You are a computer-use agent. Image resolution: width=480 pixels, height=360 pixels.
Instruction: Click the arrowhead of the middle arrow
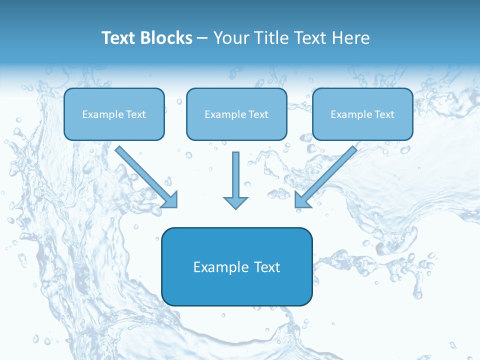coord(235,202)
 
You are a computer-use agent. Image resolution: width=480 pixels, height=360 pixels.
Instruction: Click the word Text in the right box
coord(384,114)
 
